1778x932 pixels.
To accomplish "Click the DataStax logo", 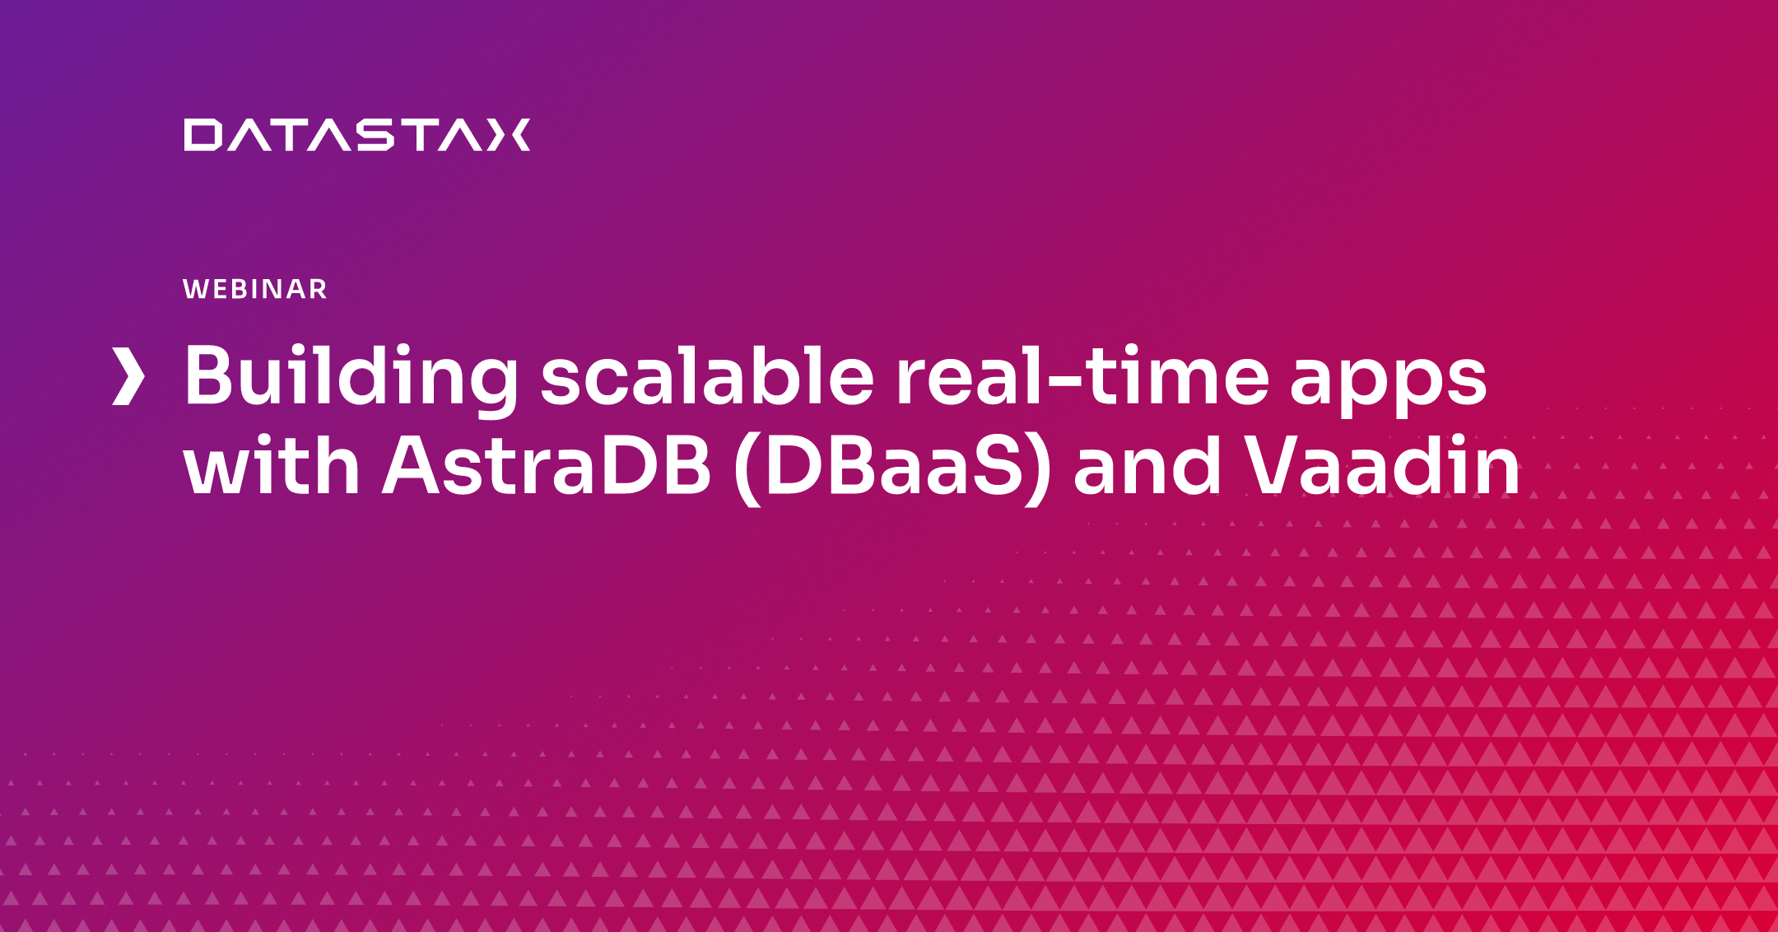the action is tap(356, 135).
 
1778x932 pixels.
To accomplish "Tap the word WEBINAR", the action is tap(255, 289).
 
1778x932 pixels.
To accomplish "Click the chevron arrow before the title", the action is tap(128, 376).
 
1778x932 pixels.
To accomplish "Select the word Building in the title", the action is tap(351, 378).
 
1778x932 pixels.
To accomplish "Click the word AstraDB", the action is tap(547, 466).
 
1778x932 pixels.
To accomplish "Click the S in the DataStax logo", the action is tap(375, 135).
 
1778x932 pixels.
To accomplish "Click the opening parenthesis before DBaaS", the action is tap(747, 468).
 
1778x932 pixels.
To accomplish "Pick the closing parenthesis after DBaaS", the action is tap(1038, 468).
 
